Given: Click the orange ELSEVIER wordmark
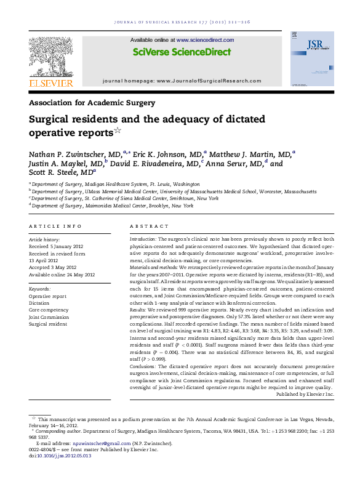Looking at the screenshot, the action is click(x=50, y=83).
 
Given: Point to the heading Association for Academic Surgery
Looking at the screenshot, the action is click(x=92, y=103).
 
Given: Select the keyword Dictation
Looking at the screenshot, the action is click(x=39, y=303).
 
